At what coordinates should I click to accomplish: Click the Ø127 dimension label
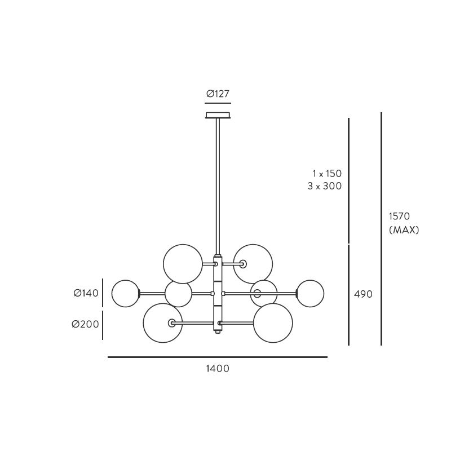218,94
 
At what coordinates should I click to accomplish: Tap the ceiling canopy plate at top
218,116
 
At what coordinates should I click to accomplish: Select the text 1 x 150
327,174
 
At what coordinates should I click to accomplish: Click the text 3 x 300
325,186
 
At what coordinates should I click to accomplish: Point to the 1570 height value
399,216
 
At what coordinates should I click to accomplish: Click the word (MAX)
404,230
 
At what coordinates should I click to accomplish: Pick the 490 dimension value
363,294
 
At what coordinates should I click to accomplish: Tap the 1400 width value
217,369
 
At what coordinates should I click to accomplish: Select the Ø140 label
86,293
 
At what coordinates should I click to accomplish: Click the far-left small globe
125,293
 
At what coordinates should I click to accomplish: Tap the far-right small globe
310,293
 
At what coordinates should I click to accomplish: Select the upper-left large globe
183,263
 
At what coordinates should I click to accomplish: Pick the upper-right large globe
254,263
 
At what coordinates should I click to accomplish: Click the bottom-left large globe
162,323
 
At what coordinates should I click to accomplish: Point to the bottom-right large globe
273,323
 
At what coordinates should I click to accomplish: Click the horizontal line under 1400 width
217,357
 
